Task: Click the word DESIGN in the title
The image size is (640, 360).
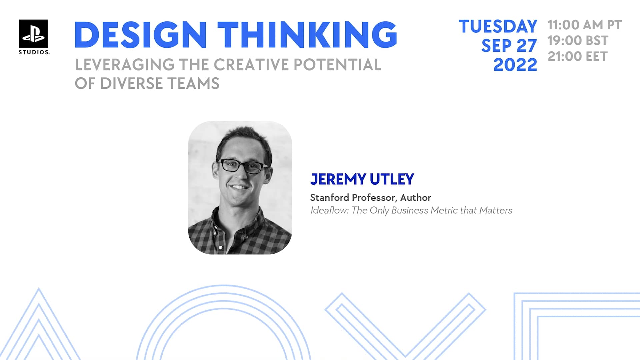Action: click(140, 35)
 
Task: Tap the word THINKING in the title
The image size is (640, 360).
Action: click(307, 35)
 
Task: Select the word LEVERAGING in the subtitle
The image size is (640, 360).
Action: click(124, 65)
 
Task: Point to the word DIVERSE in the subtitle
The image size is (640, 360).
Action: click(131, 83)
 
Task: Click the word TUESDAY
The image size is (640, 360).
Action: click(498, 26)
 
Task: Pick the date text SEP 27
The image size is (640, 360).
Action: click(509, 46)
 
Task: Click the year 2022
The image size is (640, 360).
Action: click(515, 65)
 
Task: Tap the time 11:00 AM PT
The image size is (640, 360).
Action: click(584, 25)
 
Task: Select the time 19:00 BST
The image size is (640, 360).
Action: click(578, 41)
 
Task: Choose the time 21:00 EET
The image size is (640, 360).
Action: click(577, 56)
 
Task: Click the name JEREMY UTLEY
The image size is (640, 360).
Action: click(362, 179)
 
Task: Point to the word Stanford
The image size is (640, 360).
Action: click(329, 198)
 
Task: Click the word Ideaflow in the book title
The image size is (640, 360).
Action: click(329, 210)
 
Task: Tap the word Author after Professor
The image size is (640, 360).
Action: click(415, 198)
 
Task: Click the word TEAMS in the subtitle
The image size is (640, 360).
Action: click(193, 83)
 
